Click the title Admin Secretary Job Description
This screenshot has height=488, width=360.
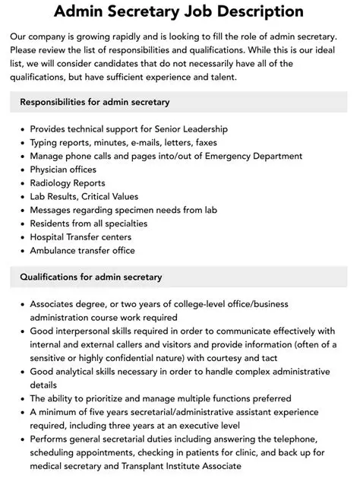tap(179, 12)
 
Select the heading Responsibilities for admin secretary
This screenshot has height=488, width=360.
tap(94, 102)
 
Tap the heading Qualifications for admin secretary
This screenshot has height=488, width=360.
tap(90, 277)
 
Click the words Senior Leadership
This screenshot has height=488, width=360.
tap(190, 129)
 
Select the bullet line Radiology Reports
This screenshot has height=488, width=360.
tap(68, 183)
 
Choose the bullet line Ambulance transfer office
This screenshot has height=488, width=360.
tap(82, 251)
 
